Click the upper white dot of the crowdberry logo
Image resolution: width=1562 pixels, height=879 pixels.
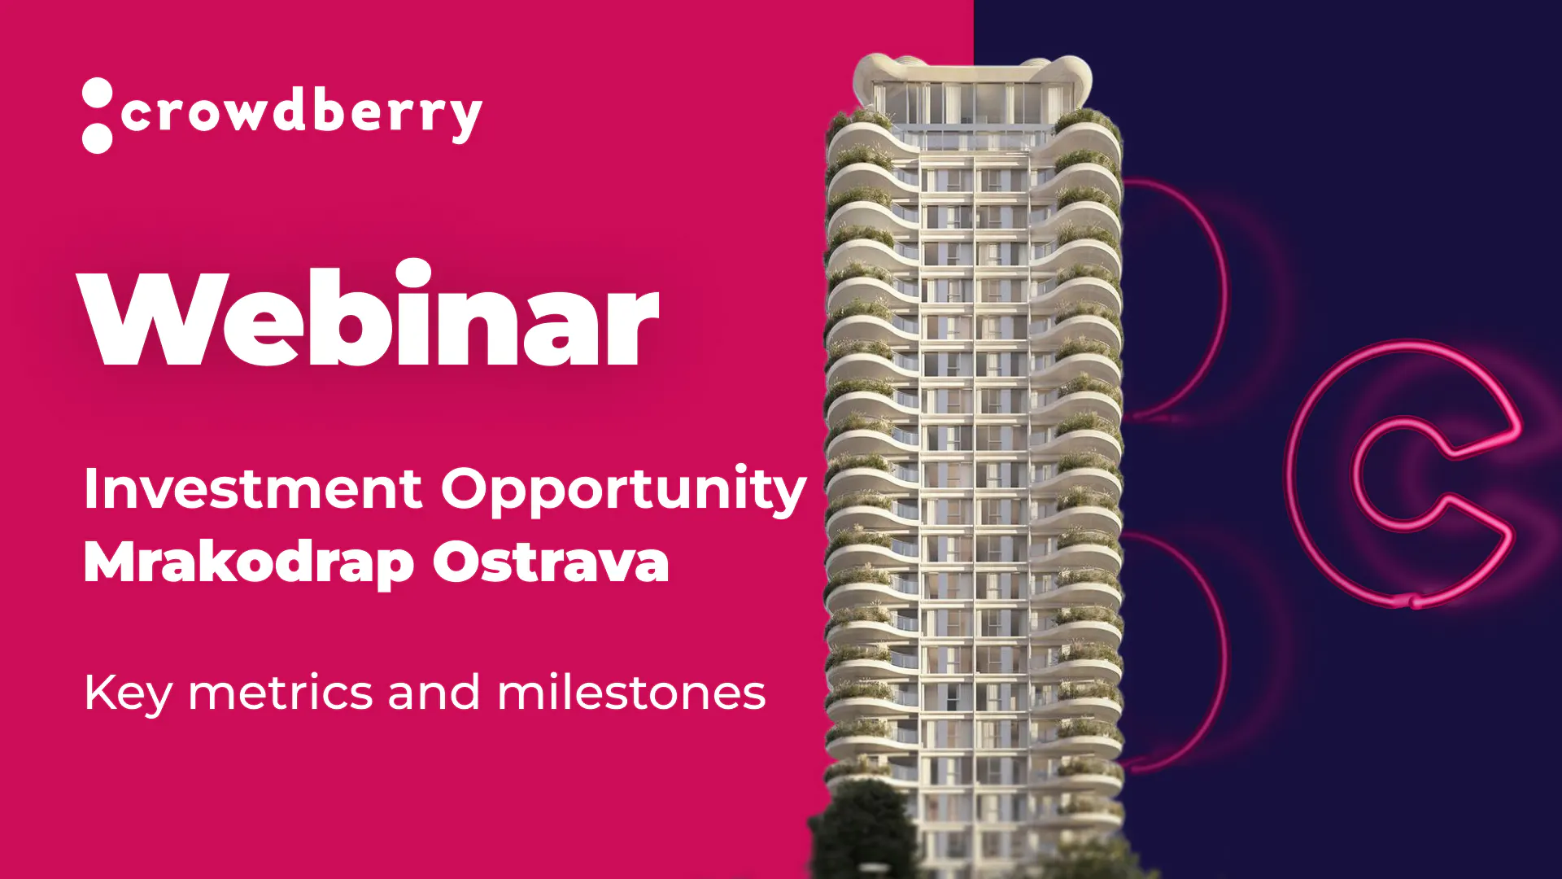click(98, 93)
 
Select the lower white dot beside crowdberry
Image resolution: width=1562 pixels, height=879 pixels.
click(98, 138)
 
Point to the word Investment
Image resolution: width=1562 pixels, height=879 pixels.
click(253, 488)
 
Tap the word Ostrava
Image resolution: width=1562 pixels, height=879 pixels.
click(551, 562)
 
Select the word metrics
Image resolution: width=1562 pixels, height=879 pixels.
click(281, 693)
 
